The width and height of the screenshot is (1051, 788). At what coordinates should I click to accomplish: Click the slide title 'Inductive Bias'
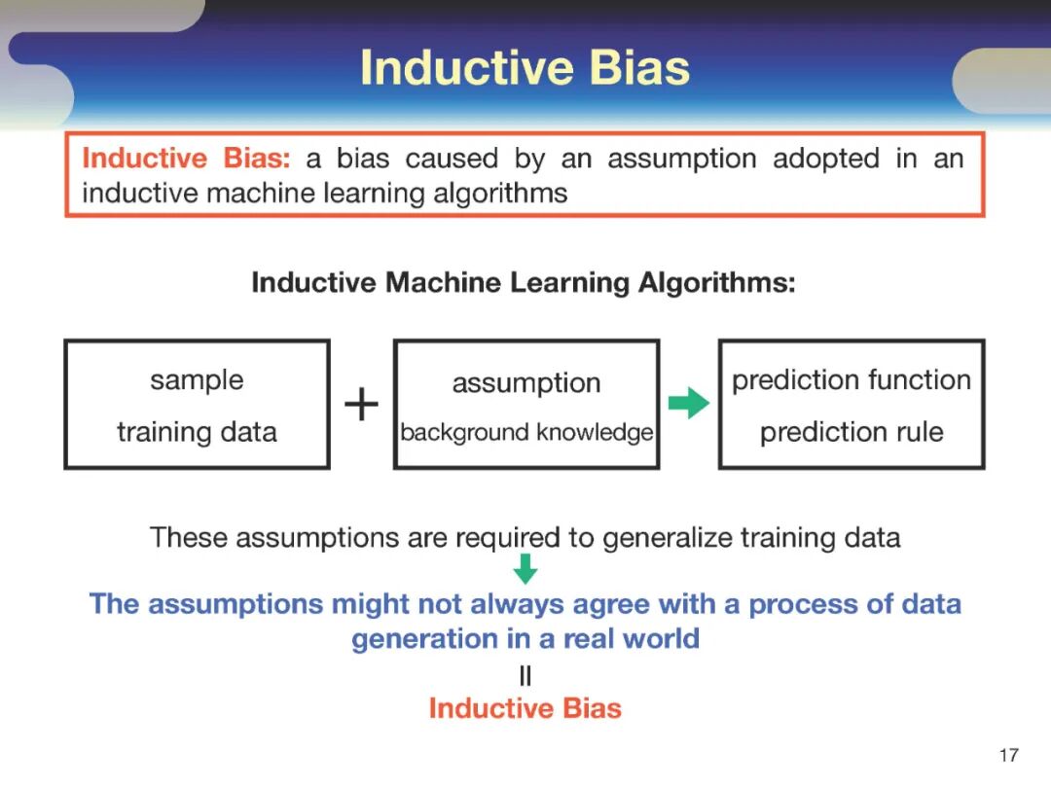[x=525, y=68]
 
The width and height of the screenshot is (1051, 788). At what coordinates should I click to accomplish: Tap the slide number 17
[x=1009, y=755]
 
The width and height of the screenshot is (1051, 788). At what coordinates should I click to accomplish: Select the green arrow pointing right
[x=688, y=403]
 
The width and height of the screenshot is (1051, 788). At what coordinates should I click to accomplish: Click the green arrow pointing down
[x=525, y=569]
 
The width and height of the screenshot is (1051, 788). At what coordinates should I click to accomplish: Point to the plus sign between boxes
[x=361, y=404]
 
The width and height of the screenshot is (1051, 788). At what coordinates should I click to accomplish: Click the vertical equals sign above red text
[x=525, y=675]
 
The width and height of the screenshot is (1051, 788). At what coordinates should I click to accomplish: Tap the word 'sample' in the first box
[x=197, y=380]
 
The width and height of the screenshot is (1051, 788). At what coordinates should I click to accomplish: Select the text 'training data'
[x=197, y=432]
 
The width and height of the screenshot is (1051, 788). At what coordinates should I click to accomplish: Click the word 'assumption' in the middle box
[x=526, y=383]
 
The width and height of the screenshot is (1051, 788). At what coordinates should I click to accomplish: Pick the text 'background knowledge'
[x=526, y=432]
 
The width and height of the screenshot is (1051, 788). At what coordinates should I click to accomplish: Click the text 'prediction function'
[x=852, y=380]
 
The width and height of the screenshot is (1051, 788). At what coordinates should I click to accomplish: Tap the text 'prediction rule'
[x=852, y=432]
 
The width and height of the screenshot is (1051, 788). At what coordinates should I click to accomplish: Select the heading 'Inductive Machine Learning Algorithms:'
[x=524, y=283]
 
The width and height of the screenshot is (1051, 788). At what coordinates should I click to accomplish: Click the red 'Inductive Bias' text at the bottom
[x=525, y=708]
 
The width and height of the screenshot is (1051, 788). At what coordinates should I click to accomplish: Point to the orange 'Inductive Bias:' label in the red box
[x=186, y=159]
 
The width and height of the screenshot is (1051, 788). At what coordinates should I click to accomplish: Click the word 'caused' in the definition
[x=452, y=159]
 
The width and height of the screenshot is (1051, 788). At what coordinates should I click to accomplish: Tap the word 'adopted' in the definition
[x=826, y=159]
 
